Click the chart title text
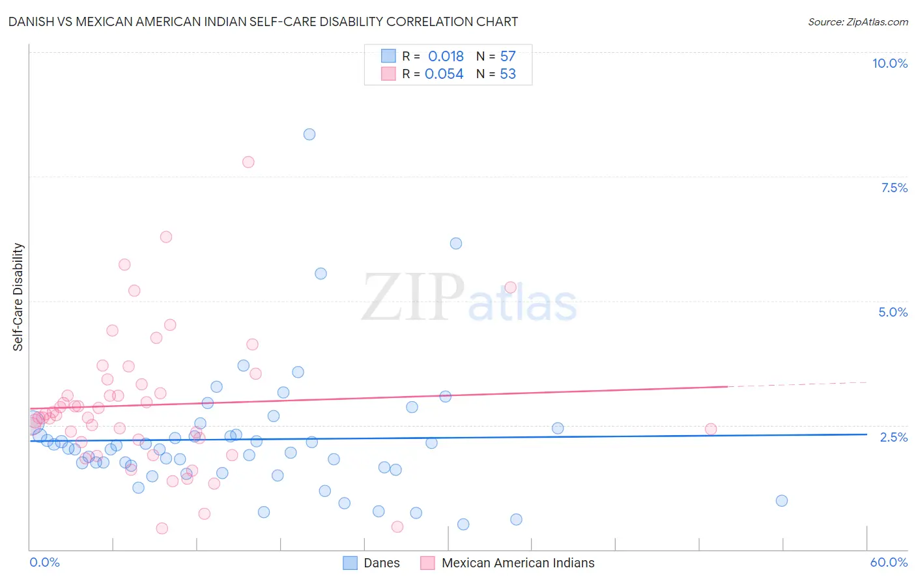[x=263, y=22]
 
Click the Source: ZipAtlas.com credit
[x=857, y=22]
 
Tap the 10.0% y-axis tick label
[x=889, y=63]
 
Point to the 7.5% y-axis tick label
[x=894, y=188]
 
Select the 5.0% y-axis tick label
[x=893, y=312]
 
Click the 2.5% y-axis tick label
[x=893, y=437]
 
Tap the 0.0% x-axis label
[x=44, y=562]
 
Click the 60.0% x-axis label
[x=888, y=562]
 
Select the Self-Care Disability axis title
[x=18, y=297]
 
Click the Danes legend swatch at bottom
[x=351, y=563]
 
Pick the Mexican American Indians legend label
[x=518, y=563]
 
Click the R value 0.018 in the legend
[x=446, y=57]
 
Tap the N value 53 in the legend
[x=508, y=74]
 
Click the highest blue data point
[x=309, y=134]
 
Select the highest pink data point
[x=248, y=162]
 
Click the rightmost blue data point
[x=782, y=501]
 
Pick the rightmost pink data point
[x=711, y=429]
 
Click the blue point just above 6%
[x=456, y=244]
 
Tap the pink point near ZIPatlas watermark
[x=511, y=288]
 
